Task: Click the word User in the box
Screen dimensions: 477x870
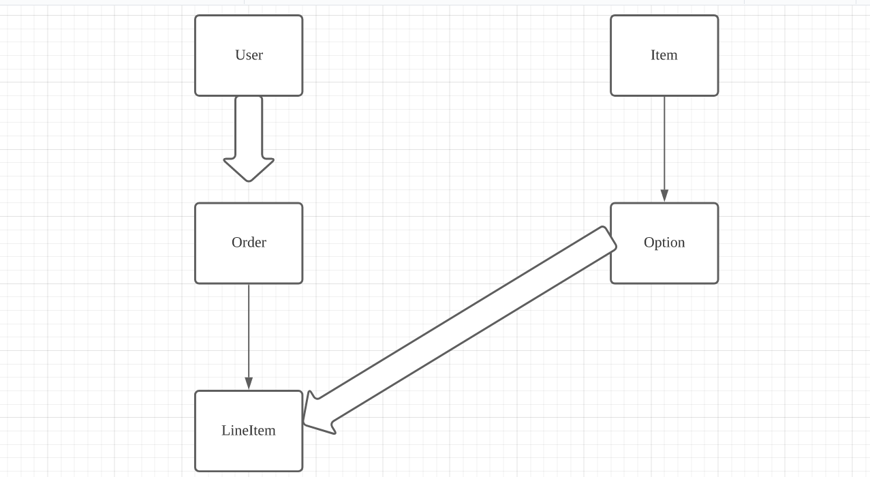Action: [x=249, y=55]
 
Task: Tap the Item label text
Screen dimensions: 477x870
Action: [x=664, y=55]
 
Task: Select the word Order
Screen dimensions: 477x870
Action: [x=249, y=243]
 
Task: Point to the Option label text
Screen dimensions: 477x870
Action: [x=664, y=243]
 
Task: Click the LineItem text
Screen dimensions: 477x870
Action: [x=248, y=431]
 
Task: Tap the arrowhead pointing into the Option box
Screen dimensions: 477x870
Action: [x=664, y=196]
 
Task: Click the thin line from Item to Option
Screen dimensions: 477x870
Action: [x=664, y=143]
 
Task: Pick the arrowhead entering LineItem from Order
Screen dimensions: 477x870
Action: [x=249, y=384]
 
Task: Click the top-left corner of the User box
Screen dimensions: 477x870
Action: [x=196, y=16]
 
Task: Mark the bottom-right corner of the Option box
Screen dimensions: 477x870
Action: [x=717, y=282]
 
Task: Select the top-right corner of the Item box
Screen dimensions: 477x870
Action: [x=717, y=16]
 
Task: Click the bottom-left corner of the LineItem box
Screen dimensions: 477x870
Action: [x=196, y=470]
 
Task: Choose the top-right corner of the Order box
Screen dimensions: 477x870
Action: [x=301, y=204]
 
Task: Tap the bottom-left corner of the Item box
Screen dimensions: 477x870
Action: [x=612, y=95]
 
